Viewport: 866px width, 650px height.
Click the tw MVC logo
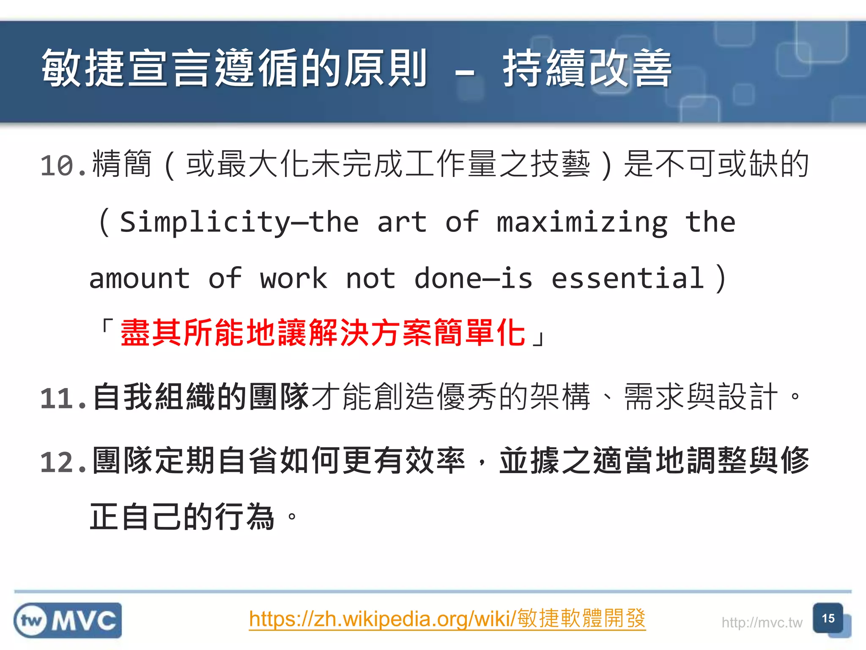(x=68, y=620)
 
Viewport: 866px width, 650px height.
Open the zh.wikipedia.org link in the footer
(x=447, y=619)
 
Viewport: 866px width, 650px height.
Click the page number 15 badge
(x=828, y=618)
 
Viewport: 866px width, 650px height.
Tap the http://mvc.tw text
(x=762, y=622)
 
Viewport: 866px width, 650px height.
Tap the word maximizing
(x=582, y=222)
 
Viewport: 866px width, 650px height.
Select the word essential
(x=628, y=278)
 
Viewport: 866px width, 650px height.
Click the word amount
(x=140, y=278)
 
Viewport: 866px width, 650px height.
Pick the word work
(x=293, y=278)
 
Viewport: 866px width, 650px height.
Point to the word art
(x=402, y=222)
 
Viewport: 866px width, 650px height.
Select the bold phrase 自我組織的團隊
(x=200, y=397)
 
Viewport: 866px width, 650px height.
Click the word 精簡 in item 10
(x=122, y=164)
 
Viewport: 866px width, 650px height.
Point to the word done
(x=447, y=278)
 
